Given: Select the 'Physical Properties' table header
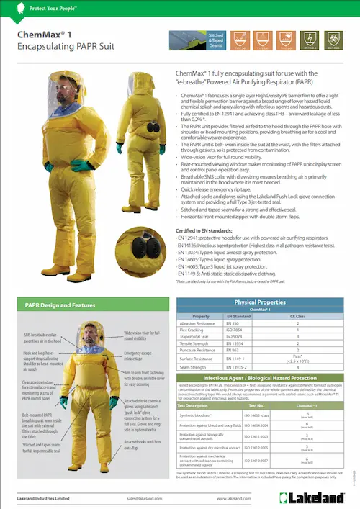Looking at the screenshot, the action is point(266,302).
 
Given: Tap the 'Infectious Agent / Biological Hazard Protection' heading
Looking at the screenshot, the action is point(260,378).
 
